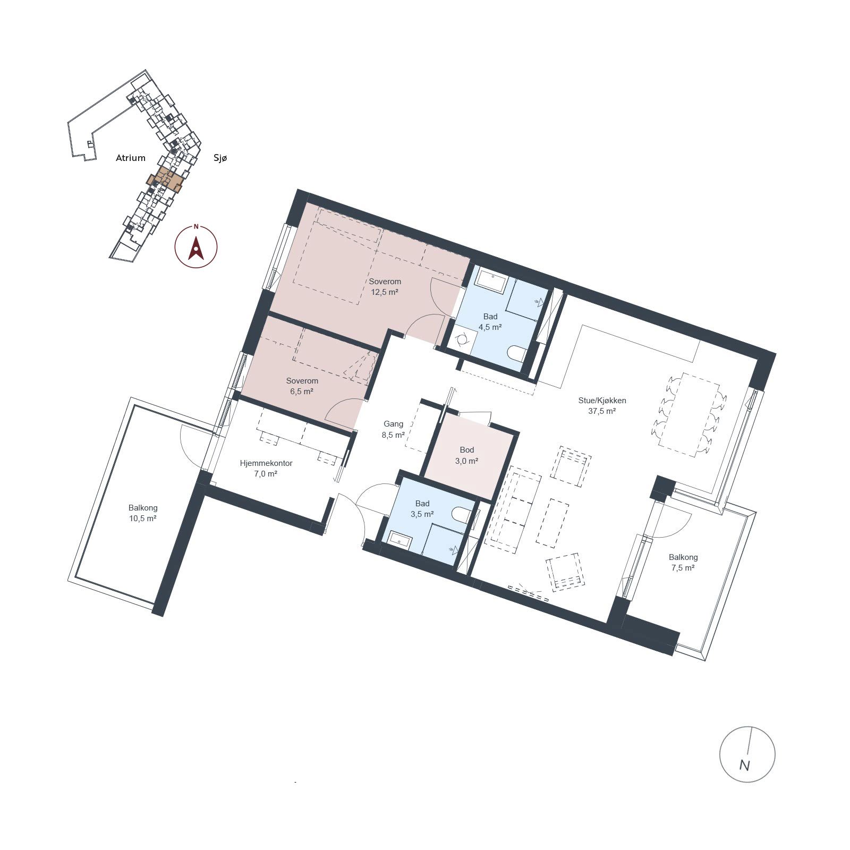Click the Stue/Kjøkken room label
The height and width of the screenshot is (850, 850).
602,401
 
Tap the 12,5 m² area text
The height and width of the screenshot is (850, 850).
385,292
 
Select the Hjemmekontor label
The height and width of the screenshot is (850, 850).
266,463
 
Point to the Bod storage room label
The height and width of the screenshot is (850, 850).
467,450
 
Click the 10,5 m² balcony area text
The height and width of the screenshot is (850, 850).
142,518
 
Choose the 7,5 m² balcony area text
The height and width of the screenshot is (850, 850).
683,568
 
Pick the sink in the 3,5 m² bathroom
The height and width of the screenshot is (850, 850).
400,540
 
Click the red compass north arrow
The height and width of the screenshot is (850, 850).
196,248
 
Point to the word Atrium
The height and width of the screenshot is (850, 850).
131,158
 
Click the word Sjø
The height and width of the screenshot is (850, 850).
220,158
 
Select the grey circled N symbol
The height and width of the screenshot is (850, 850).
747,754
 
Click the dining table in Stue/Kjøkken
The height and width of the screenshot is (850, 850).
689,414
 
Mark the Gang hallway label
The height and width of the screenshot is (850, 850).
393,424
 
